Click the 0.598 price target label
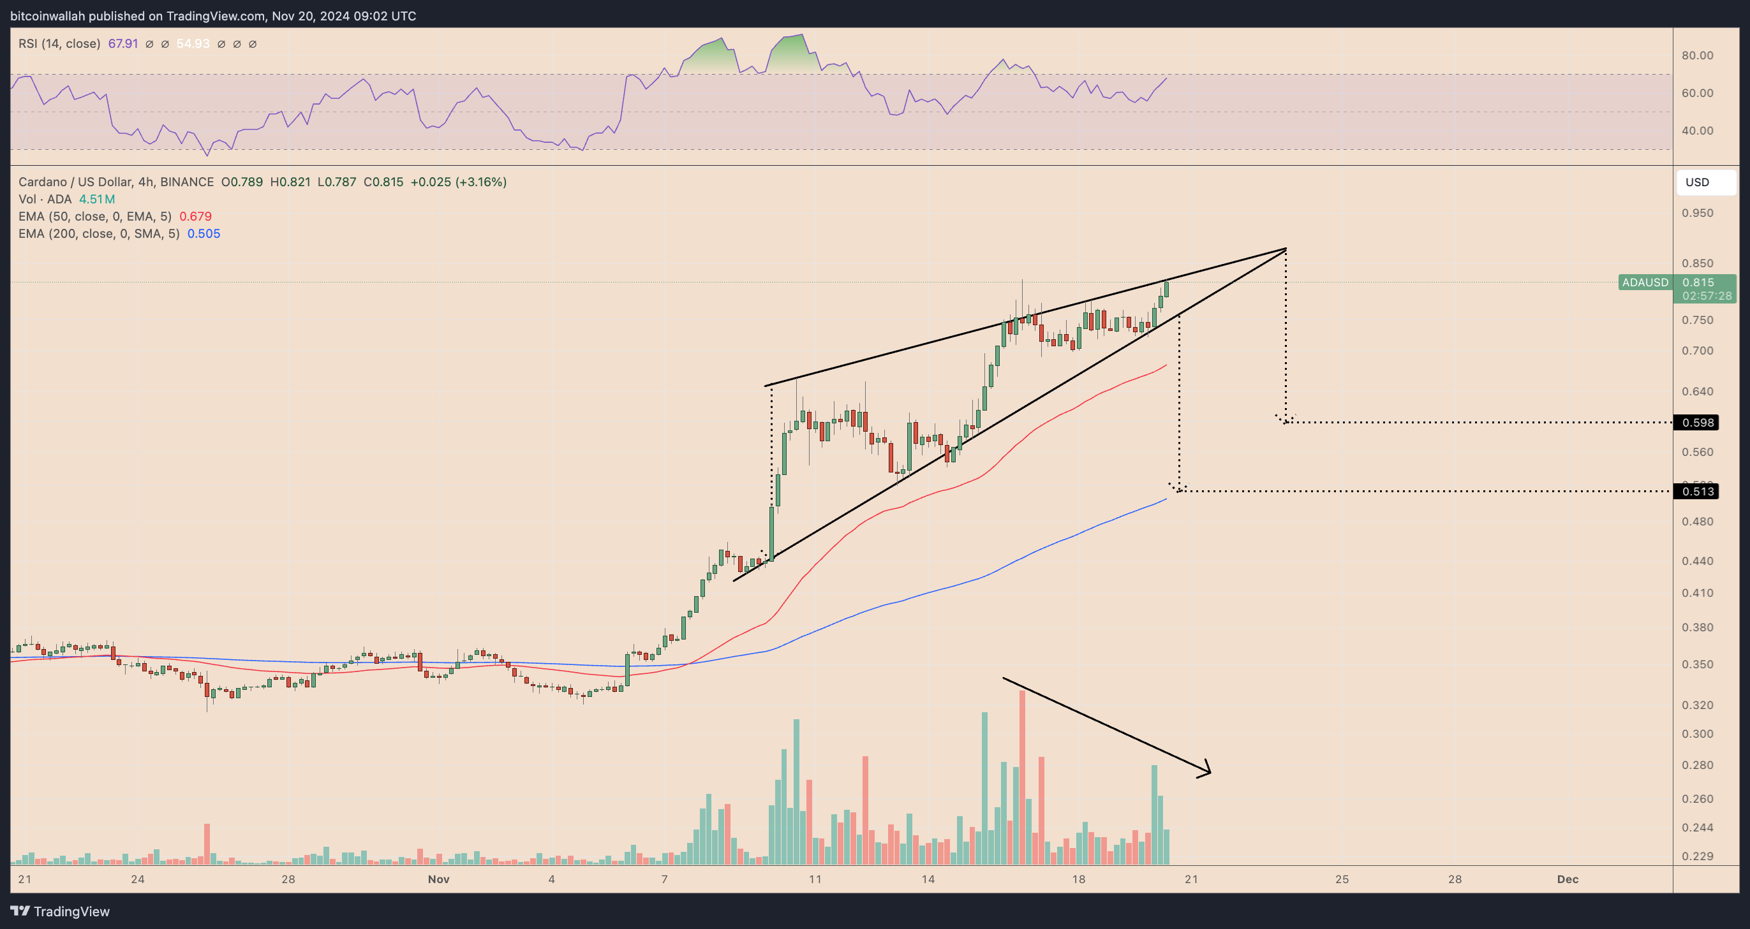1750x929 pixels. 1697,422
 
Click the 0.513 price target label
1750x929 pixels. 1697,491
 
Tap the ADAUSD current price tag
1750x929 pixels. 1645,282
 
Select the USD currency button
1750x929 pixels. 1697,182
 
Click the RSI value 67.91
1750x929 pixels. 123,43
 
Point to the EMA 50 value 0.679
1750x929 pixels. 196,217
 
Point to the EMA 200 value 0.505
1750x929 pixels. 204,233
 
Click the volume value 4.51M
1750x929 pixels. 96,199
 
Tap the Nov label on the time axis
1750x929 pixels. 439,879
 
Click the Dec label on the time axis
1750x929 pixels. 1568,879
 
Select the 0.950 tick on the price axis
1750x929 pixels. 1697,212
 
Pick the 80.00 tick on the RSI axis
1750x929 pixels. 1697,55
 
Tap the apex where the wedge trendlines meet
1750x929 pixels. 1286,249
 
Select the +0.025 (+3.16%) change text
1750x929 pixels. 459,182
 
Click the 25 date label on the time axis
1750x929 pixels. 1342,879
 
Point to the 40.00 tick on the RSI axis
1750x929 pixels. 1697,130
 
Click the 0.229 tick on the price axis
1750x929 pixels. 1697,856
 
